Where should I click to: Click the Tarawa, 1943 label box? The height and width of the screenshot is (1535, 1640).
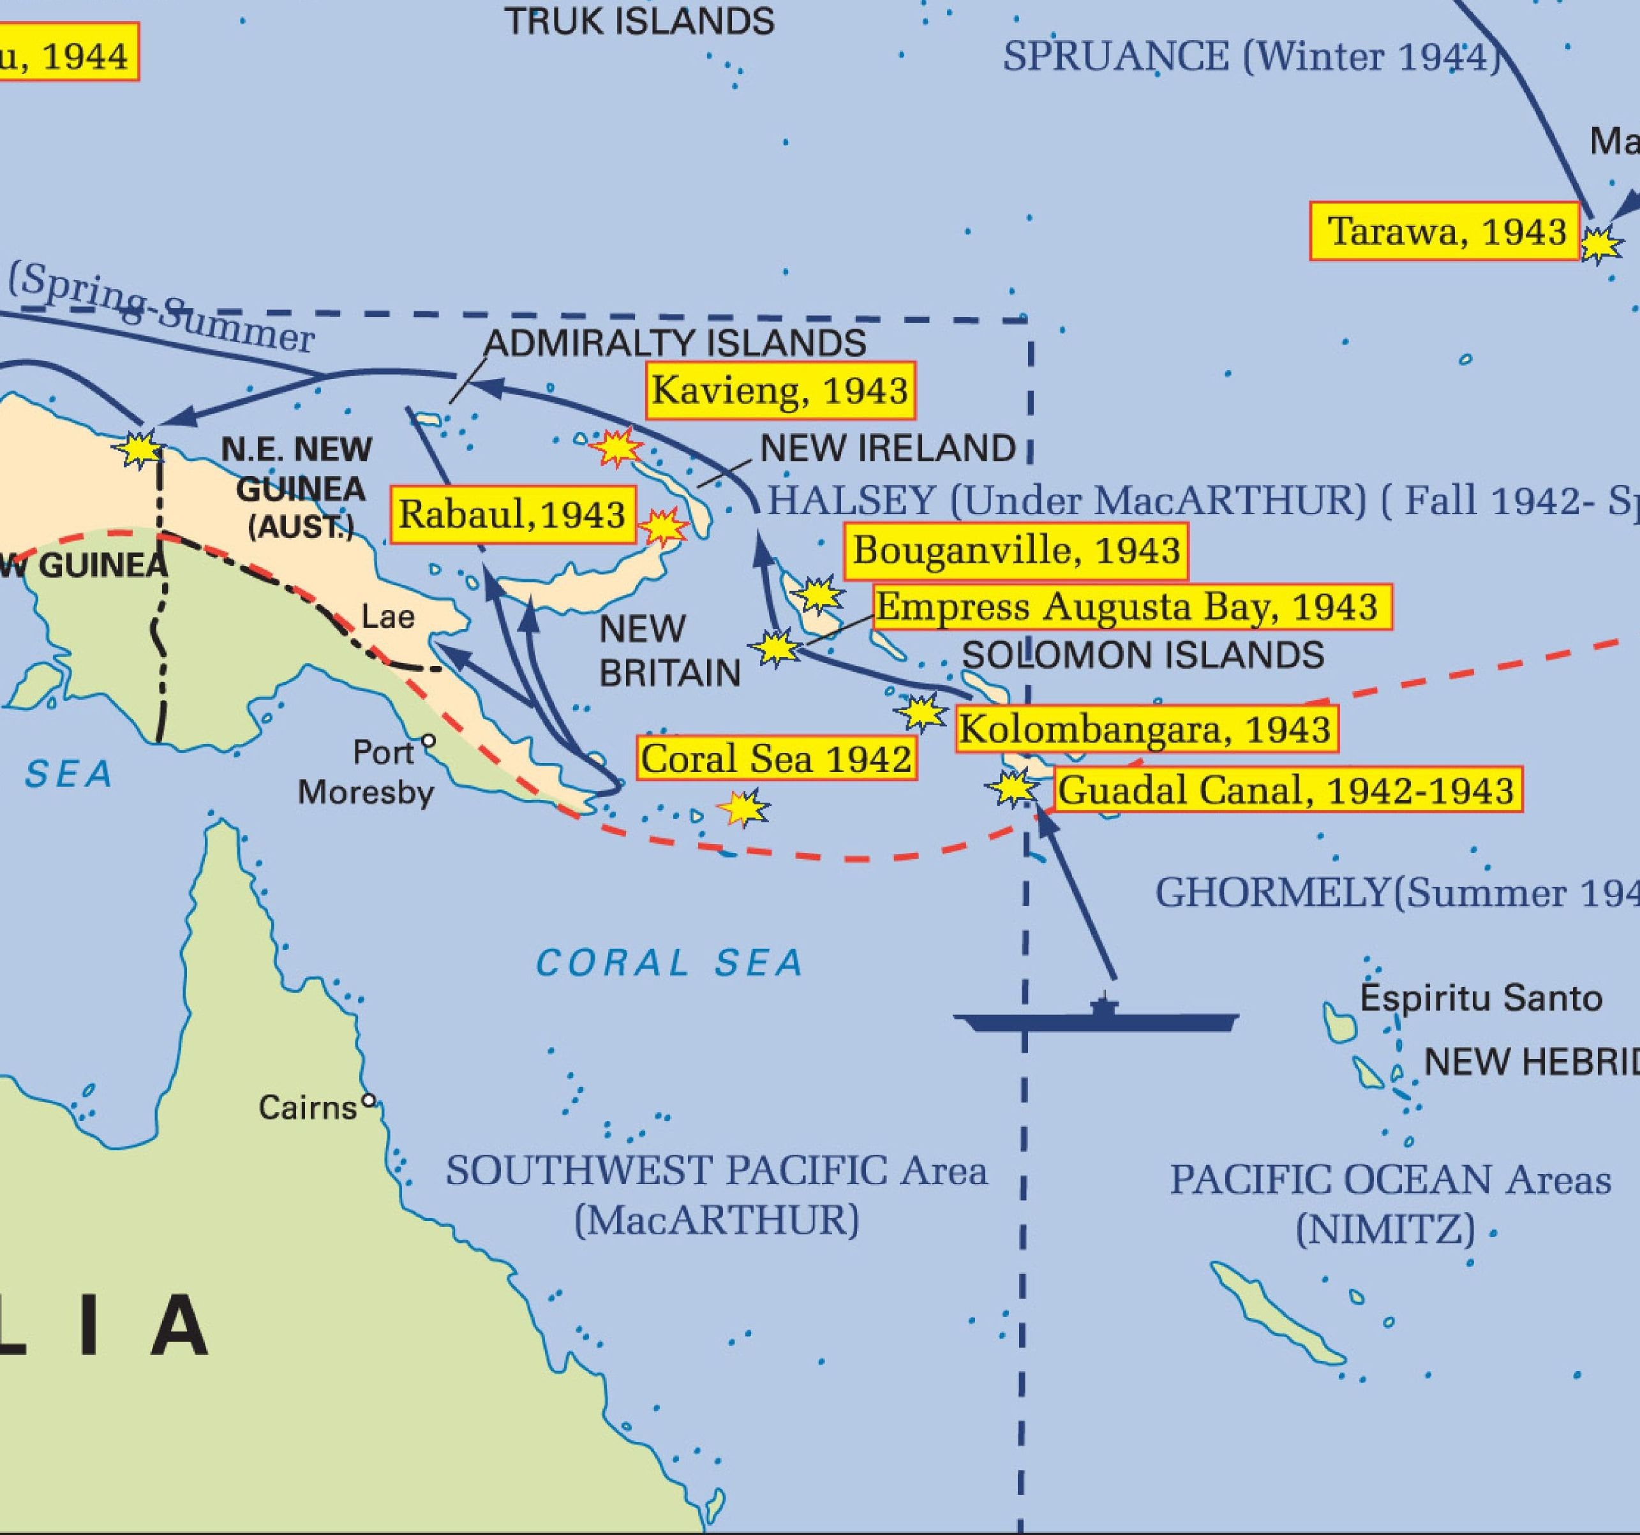[x=1445, y=231]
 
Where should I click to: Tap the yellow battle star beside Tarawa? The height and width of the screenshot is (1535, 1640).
[x=1600, y=244]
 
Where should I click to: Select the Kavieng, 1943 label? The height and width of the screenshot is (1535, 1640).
[x=780, y=389]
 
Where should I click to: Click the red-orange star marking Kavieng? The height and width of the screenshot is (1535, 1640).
[x=616, y=448]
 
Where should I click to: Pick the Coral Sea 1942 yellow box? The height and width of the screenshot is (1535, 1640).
[x=776, y=758]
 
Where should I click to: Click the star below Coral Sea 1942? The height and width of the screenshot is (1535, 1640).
[x=743, y=808]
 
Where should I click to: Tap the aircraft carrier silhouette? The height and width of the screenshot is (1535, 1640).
[x=1097, y=1019]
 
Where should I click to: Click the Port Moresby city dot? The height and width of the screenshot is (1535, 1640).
[x=428, y=741]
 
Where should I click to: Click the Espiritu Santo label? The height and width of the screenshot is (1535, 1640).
[x=1480, y=998]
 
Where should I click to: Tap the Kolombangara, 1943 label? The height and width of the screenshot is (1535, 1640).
[x=1146, y=729]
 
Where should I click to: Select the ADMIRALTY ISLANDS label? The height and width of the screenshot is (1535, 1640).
[x=675, y=343]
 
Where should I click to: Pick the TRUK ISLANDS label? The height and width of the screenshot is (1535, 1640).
[x=639, y=22]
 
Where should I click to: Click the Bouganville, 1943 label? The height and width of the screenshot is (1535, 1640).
[x=1017, y=550]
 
